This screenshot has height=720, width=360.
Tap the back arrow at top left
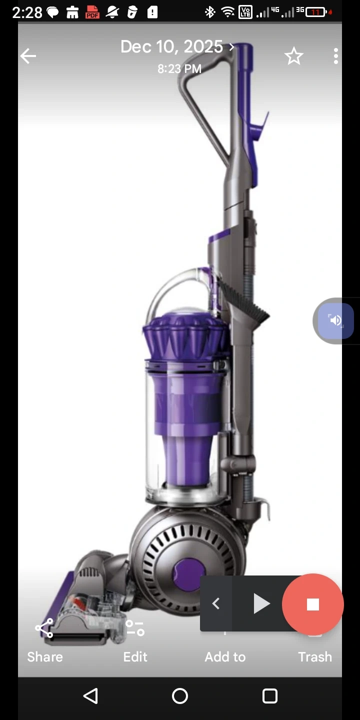pos(28,56)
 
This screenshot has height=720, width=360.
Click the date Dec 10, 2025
pos(171,47)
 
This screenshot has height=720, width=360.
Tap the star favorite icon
pos(294,56)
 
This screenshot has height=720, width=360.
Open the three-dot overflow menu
pos(336,56)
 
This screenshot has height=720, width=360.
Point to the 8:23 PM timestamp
pos(179,69)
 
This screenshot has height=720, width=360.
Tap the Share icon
pos(44,628)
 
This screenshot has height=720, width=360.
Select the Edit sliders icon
pos(135,628)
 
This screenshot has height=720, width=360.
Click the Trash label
pos(315,657)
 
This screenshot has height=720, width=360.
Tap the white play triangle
pos(261,603)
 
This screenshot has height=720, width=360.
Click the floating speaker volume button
pos(335,320)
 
